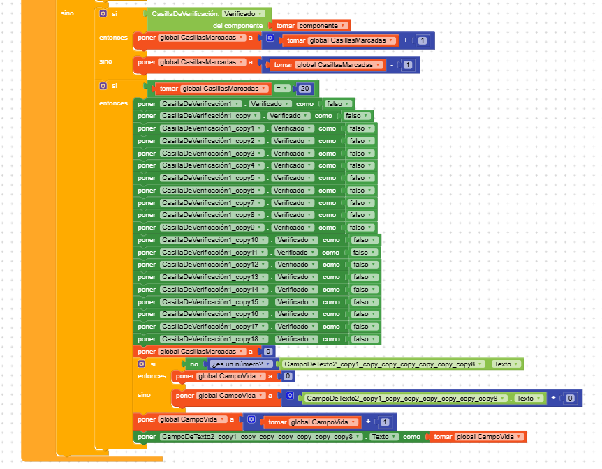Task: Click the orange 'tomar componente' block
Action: pos(300,25)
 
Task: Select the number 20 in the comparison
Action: pos(304,89)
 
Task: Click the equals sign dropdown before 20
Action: pos(280,89)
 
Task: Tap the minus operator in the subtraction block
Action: pos(393,65)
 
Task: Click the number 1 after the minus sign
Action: pos(408,65)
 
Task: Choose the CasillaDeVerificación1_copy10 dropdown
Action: pos(203,240)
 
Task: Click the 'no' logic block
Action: pos(195,364)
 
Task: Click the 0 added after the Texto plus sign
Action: pos(571,399)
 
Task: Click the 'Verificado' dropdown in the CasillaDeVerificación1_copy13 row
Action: pos(294,277)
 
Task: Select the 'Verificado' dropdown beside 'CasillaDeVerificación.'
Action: pos(243,13)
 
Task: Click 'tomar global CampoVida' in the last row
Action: pos(478,437)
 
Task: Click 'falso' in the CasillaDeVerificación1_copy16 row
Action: pos(362,314)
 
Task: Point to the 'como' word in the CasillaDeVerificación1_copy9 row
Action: pos(328,228)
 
